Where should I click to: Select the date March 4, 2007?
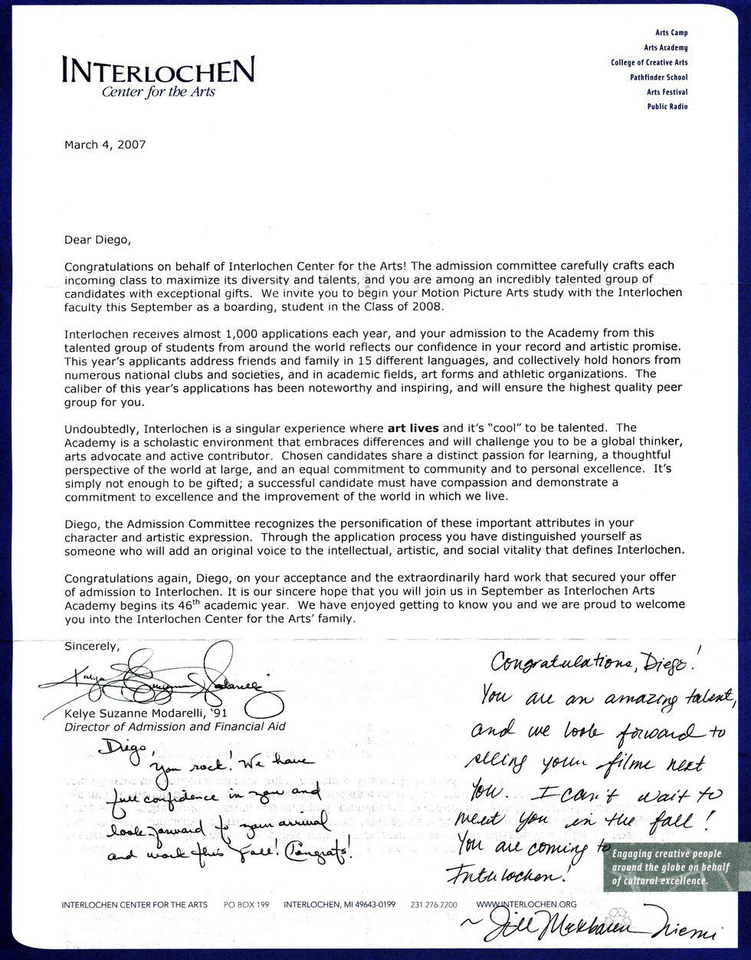pos(105,144)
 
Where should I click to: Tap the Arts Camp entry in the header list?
pos(671,34)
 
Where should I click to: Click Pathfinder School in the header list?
pos(658,77)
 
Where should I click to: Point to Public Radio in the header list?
pos(667,106)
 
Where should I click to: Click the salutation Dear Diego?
pos(97,240)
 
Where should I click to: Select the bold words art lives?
pos(413,428)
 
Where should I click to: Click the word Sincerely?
pos(92,646)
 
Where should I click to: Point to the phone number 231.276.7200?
pos(435,905)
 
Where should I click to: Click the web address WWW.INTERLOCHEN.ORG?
pos(526,905)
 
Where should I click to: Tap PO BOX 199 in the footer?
pos(246,905)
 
